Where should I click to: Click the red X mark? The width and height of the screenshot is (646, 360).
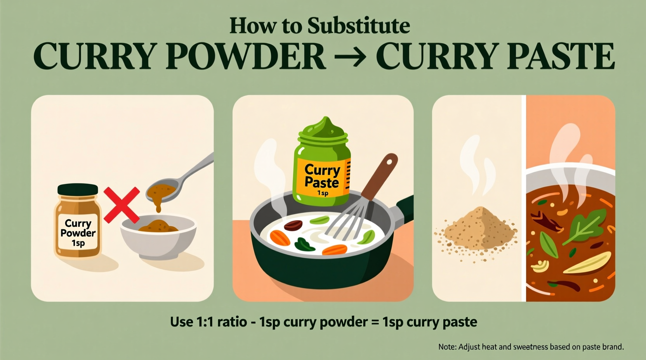coord(122,205)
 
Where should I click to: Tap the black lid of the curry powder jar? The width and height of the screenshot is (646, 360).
coord(78,190)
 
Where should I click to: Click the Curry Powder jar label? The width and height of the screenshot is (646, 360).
coord(78,233)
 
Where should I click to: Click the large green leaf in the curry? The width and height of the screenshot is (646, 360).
coord(586,225)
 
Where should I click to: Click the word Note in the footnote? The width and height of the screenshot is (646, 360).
coord(446,347)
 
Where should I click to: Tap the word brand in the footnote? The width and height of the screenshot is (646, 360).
coord(613,347)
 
